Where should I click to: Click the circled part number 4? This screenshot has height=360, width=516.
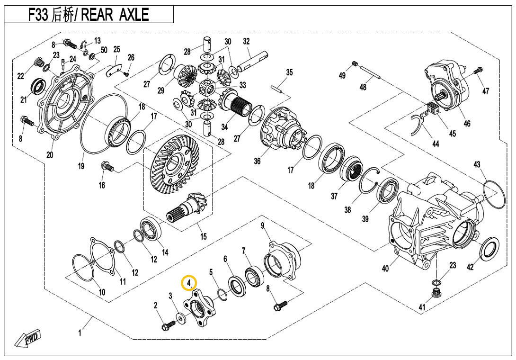[x=189, y=283]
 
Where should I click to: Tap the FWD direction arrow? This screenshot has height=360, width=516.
[x=27, y=339]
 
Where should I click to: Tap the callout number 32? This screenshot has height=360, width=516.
[x=246, y=41]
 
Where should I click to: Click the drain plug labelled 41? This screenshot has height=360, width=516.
[x=435, y=292]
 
